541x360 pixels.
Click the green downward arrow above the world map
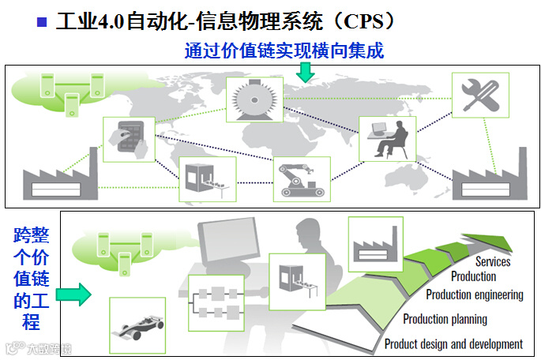(x=306, y=72)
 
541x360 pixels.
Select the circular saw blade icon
(x=254, y=99)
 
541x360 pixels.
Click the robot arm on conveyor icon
(x=301, y=178)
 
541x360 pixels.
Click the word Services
(x=493, y=261)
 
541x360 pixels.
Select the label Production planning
(x=445, y=319)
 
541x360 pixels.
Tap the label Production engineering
(x=475, y=294)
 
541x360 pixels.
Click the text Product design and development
(x=453, y=344)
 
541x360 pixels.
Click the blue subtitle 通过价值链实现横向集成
(x=284, y=51)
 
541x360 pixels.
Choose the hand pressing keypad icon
(x=126, y=139)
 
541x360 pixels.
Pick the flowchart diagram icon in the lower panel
(x=215, y=303)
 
